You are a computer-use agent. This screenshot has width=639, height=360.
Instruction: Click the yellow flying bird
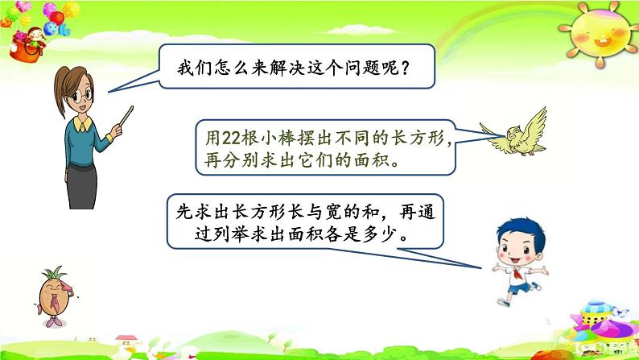[516, 131]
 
